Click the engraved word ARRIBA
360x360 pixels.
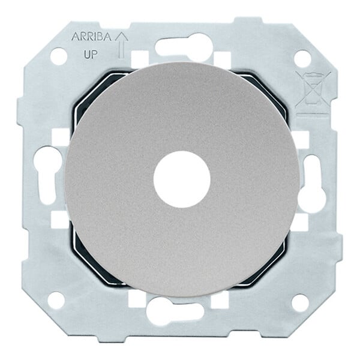point(92,37)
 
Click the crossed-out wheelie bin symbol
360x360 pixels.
point(313,89)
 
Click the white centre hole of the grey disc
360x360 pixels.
point(182,179)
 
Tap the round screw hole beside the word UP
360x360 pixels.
point(59,56)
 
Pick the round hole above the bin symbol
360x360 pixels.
point(302,58)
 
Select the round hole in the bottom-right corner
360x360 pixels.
point(300,301)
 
